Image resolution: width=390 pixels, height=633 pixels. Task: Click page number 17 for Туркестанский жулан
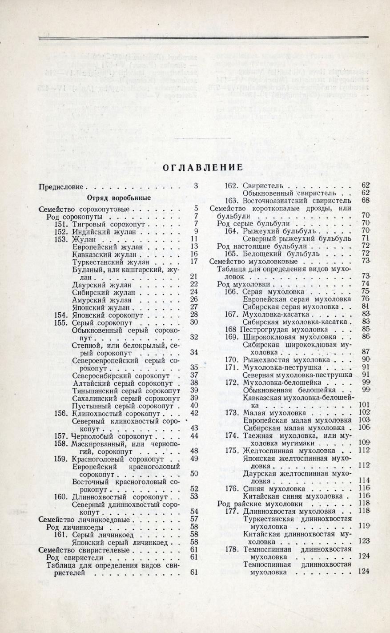coord(193,261)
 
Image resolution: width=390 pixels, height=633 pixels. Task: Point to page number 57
coord(193,519)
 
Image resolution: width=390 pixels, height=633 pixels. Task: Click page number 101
coord(364,405)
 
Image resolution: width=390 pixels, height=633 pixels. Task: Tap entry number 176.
coord(233,489)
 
